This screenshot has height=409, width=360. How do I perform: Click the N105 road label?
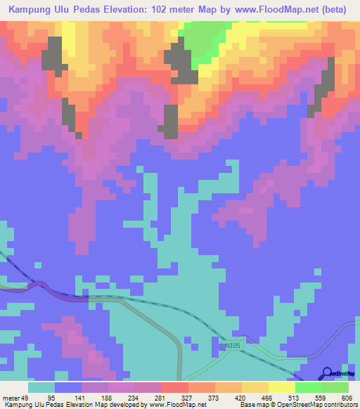click(x=233, y=346)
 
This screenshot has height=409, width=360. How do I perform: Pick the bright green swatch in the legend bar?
click(x=308, y=387)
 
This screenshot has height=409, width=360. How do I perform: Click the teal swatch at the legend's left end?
click(x=41, y=387)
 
